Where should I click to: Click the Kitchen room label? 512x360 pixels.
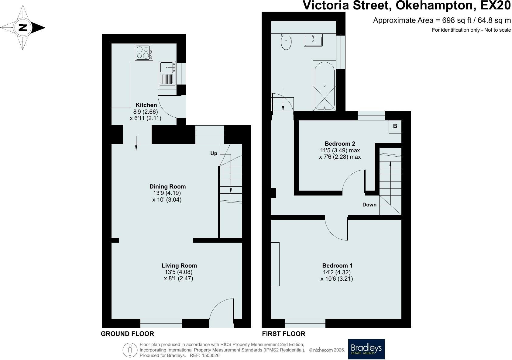(x=146, y=105)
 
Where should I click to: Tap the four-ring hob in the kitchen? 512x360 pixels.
(x=144, y=53)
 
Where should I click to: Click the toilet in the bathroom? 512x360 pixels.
(x=286, y=42)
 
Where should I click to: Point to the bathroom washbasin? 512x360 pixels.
(x=313, y=40)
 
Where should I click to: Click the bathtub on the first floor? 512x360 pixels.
(x=325, y=86)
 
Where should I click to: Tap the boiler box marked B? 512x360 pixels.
(x=395, y=126)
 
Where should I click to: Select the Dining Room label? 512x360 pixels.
(x=167, y=187)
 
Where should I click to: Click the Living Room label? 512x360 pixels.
(x=179, y=265)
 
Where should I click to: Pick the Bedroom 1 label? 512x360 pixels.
(x=337, y=265)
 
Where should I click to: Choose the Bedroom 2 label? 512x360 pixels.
(x=340, y=144)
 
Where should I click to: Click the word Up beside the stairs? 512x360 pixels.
(x=214, y=154)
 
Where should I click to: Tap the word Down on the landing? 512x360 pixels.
(x=369, y=205)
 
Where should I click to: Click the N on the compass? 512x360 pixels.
(x=22, y=28)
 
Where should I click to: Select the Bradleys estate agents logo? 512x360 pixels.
(x=366, y=349)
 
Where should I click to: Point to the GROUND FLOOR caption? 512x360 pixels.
(x=127, y=334)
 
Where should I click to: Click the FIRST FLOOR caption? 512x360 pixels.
(x=283, y=334)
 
